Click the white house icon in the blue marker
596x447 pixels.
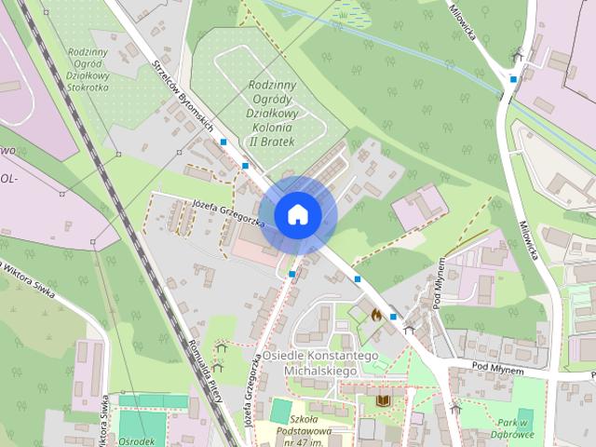297,214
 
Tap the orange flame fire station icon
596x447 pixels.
376,315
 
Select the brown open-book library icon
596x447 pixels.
382,400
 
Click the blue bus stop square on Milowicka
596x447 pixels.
514,80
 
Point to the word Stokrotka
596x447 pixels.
87,87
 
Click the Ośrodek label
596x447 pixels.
135,441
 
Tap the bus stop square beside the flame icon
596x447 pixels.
394,317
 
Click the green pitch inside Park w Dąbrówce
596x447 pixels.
525,417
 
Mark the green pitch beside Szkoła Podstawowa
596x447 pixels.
280,410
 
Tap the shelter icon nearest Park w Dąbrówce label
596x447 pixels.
455,406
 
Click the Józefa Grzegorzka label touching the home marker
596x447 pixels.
228,213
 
